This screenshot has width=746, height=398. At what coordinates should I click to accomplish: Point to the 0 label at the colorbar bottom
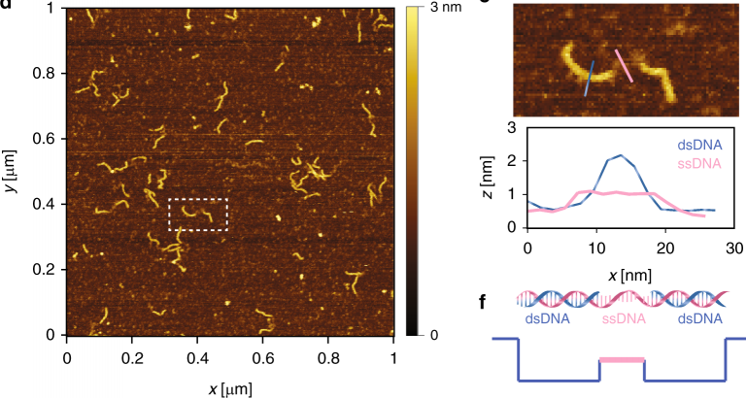point(435,334)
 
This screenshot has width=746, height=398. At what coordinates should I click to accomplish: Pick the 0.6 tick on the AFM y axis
point(44,139)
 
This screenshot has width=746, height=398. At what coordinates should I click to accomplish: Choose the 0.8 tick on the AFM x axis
point(328,356)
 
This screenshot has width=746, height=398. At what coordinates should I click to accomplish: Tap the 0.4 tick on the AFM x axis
point(197,356)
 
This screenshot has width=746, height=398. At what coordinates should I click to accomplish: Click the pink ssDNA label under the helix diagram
point(621,317)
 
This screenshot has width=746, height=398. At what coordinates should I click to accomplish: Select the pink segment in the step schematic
point(621,359)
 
